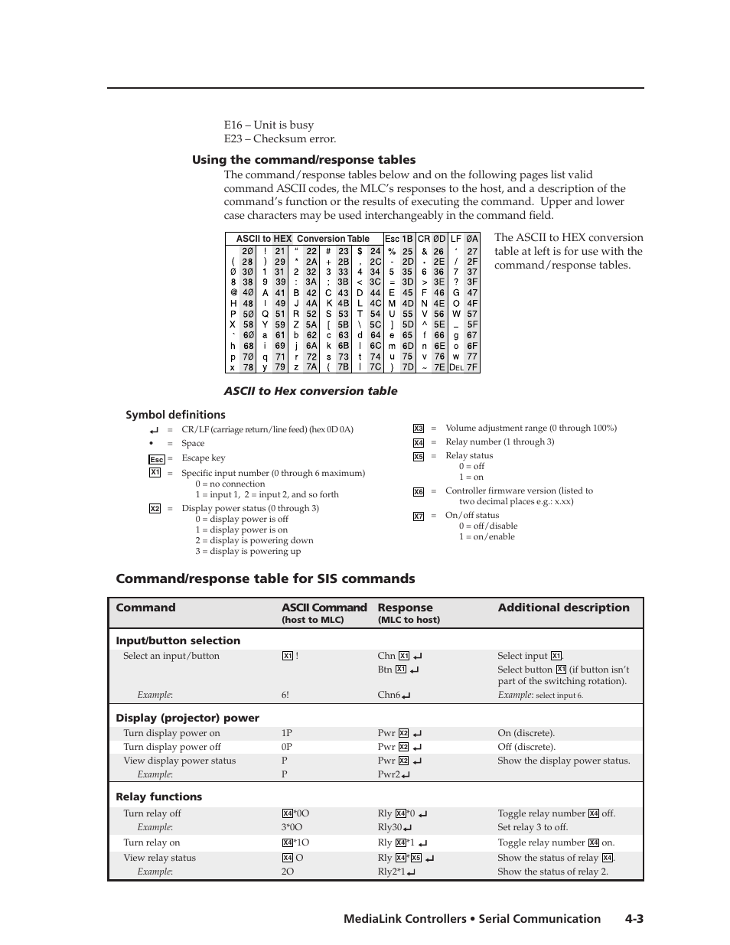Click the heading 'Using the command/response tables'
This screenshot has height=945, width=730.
tap(304, 160)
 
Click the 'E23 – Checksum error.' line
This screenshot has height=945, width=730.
tap(279, 138)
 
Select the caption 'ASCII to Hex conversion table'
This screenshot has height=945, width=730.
tap(310, 391)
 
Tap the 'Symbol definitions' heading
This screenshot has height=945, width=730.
tap(175, 415)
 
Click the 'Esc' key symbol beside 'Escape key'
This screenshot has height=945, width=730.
tap(156, 459)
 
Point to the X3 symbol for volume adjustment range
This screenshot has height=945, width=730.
tap(419, 429)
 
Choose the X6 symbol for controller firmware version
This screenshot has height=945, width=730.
tap(419, 492)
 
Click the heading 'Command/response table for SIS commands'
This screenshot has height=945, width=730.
tap(265, 578)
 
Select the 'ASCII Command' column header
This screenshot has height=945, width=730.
tap(324, 608)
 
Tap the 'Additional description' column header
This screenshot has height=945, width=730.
tap(563, 608)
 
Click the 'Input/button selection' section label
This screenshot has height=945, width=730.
tap(178, 640)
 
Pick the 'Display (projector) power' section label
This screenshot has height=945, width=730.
tap(187, 718)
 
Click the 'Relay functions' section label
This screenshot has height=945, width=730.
tap(158, 797)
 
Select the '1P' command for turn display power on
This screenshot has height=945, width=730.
tap(286, 733)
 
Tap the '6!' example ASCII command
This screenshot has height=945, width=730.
tap(285, 695)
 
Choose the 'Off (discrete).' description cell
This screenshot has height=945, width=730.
tap(526, 747)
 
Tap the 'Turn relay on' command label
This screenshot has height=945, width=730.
tap(152, 842)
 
